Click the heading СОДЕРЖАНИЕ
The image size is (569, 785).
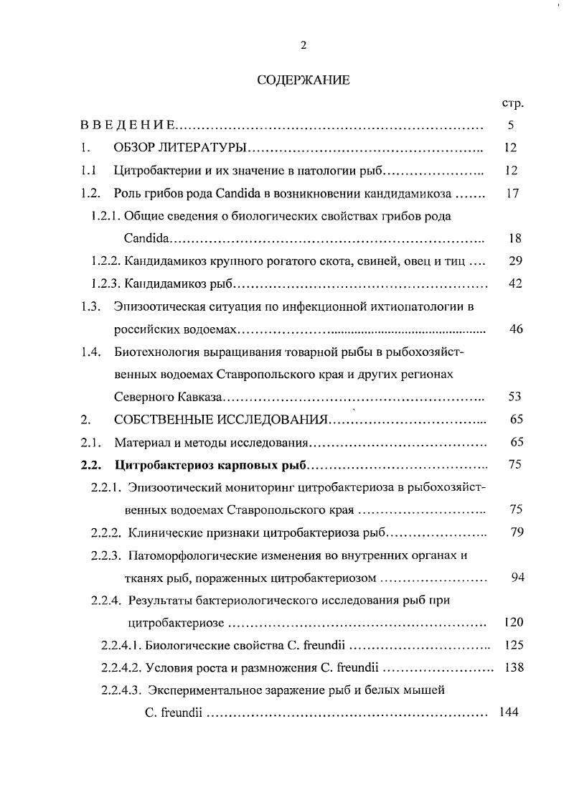pyautogui.click(x=303, y=80)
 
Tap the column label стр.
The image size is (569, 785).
pyautogui.click(x=513, y=103)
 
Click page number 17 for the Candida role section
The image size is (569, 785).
pyautogui.click(x=512, y=193)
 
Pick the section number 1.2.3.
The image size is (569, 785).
pyautogui.click(x=108, y=283)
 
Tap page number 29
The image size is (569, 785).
pyautogui.click(x=514, y=260)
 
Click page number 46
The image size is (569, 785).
pyautogui.click(x=514, y=329)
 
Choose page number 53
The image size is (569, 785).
pyautogui.click(x=514, y=397)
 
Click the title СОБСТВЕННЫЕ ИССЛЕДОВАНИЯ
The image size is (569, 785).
pyautogui.click(x=221, y=420)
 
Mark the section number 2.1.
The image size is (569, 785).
pyautogui.click(x=89, y=442)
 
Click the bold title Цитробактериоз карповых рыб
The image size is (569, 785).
pyautogui.click(x=210, y=465)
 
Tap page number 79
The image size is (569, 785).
pyautogui.click(x=514, y=532)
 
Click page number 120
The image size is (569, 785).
pyautogui.click(x=511, y=621)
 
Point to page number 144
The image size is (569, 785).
pyautogui.click(x=508, y=713)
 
